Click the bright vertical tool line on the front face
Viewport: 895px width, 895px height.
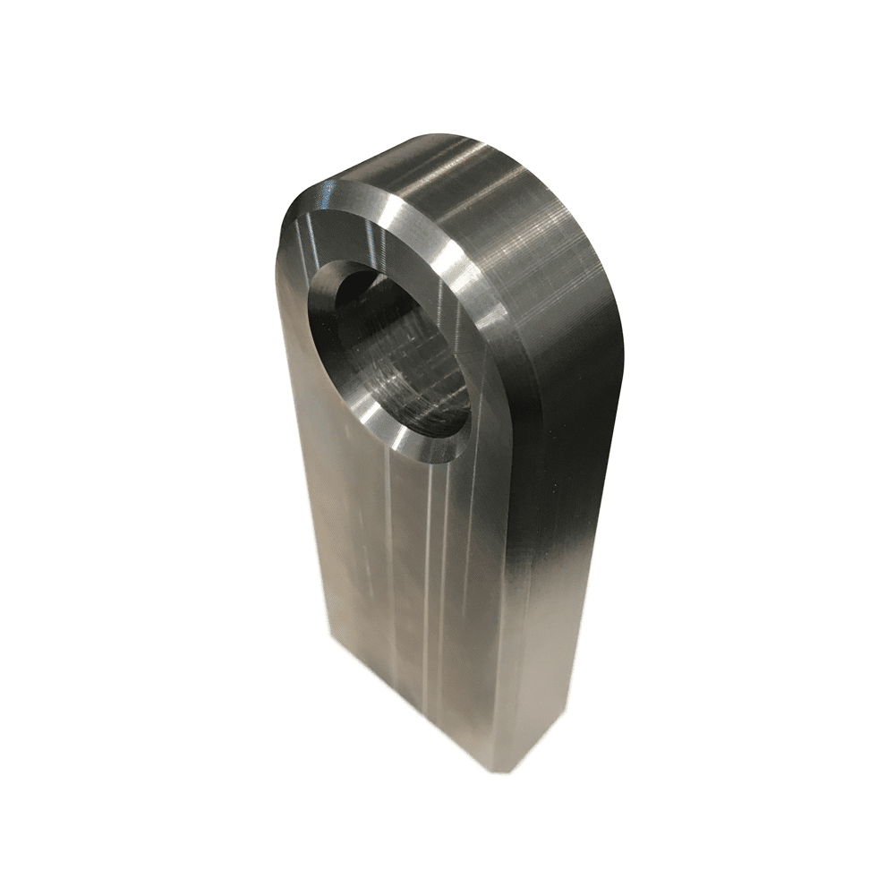pos(436,573)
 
